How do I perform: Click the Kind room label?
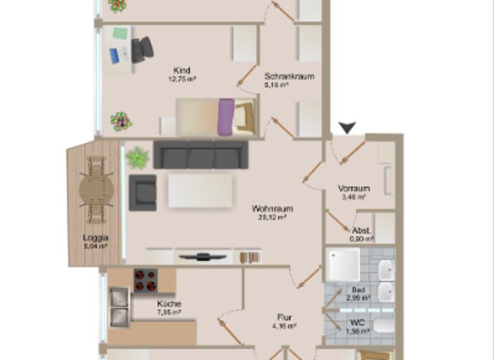coord(182,70)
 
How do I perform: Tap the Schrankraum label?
coord(289,76)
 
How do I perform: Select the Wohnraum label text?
coord(272,209)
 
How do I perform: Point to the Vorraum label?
coord(354,188)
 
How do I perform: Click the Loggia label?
coord(95,237)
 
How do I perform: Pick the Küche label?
coord(169,303)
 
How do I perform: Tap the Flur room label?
coord(285,317)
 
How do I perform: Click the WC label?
coord(358,323)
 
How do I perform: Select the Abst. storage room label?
coord(360,230)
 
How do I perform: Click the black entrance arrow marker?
coord(347,129)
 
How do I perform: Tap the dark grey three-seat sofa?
coord(201,154)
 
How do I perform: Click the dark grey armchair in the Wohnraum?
coord(143,192)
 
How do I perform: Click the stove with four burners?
coord(145,280)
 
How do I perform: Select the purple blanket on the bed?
coord(225,117)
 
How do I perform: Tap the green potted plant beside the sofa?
coord(137,157)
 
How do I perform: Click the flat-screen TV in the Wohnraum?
coord(203,256)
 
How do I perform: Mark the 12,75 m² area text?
coord(182,79)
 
